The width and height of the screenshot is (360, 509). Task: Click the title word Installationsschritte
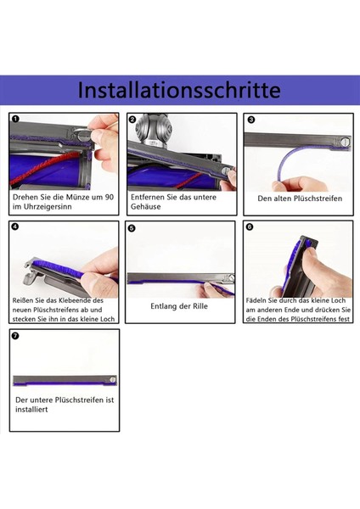click(179, 90)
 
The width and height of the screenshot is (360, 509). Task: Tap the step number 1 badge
click(16, 120)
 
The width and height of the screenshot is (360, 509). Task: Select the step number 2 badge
click(132, 120)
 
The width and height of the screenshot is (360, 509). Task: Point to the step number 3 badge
click(250, 120)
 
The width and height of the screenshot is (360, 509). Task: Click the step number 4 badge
click(16, 227)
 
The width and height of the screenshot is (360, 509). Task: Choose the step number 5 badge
click(132, 228)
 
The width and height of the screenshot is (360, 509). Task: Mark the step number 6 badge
click(249, 227)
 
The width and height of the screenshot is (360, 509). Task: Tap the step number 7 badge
click(16, 336)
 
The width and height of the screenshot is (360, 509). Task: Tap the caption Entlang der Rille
click(180, 306)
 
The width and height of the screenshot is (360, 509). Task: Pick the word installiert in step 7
click(31, 409)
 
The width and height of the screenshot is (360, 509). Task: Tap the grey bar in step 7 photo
click(64, 381)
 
